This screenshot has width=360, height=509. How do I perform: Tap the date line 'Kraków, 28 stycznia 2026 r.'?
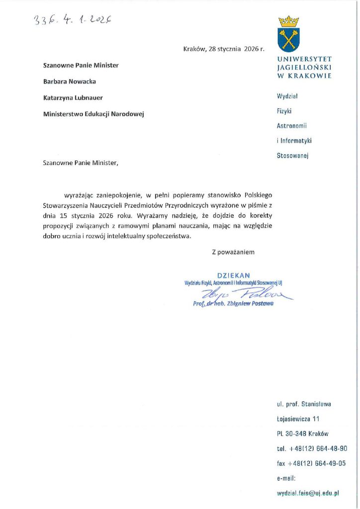click(x=224, y=49)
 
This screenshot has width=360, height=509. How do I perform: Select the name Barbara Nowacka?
click(x=69, y=81)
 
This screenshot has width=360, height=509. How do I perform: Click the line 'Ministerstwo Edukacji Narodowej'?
click(x=93, y=114)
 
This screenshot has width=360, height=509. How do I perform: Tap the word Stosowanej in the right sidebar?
click(x=293, y=156)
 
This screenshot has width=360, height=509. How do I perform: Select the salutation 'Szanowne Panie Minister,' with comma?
click(x=82, y=163)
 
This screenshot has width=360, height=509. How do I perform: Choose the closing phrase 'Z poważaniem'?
click(x=233, y=252)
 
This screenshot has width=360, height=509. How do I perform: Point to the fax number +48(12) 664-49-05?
click(x=318, y=463)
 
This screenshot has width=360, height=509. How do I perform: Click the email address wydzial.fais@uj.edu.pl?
click(x=308, y=493)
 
